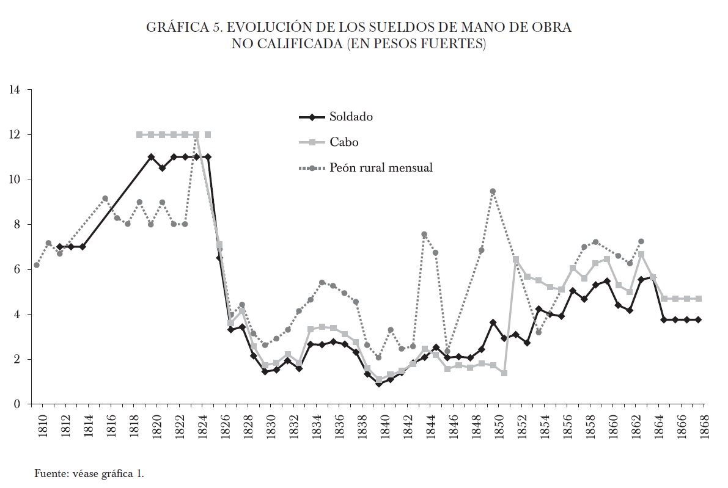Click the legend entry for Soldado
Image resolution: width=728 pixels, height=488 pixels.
351,117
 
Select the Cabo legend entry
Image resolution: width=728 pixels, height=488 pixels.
343,142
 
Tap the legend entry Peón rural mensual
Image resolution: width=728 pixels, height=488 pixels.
381,167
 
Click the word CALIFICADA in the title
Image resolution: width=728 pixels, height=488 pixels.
293,45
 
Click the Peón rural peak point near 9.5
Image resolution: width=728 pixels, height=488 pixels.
493,191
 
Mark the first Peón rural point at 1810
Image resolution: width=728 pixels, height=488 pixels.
37,265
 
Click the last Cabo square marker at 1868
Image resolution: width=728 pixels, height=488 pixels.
698,299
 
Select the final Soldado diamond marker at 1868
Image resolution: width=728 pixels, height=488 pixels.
698,319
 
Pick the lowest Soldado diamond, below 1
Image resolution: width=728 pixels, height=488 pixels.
379,384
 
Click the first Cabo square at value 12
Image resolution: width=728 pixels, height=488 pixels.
139,134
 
